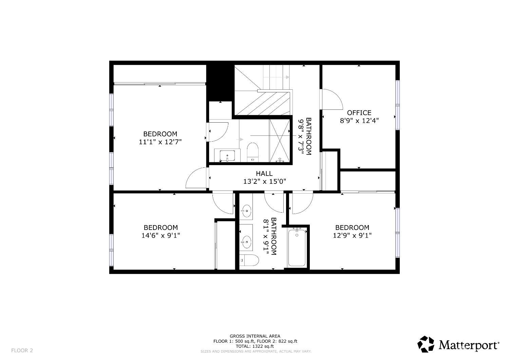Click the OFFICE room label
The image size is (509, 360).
pos(359,113)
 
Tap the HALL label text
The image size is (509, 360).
pos(264,174)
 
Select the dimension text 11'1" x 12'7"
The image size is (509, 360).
pos(160,142)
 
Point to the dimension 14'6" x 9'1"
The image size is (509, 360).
pos(161,235)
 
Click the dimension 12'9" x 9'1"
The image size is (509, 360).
pos(352,235)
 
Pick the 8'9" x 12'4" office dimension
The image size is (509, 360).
pos(359,121)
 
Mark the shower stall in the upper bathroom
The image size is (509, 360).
pos(280,140)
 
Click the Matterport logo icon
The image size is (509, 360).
pos(426,344)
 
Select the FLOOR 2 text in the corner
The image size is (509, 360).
pos(22,350)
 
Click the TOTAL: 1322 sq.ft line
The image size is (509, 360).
pos(255,346)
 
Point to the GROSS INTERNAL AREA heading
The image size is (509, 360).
pos(255,336)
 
